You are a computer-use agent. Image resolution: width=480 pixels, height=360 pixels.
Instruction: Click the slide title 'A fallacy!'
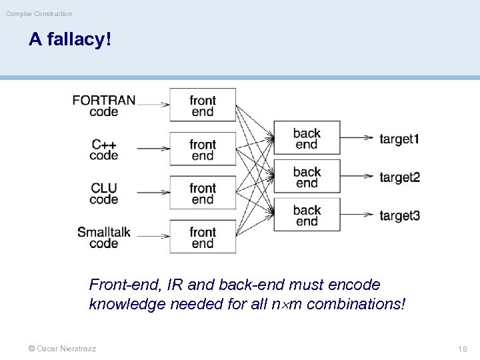tap(70, 40)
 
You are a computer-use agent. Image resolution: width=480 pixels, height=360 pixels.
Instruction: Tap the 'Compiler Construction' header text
tap(39, 13)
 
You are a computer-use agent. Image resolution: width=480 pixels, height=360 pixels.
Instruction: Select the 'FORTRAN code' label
tap(104, 106)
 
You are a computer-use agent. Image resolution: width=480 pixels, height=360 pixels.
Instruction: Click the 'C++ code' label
tap(104, 150)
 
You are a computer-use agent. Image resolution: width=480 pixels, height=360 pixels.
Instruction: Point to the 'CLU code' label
tap(104, 193)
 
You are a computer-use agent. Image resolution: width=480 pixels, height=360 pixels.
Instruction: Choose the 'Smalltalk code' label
tap(104, 237)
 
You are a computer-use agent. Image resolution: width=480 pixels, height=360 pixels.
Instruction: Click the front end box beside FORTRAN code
tap(203, 105)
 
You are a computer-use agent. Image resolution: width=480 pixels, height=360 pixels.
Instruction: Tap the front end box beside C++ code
tap(203, 149)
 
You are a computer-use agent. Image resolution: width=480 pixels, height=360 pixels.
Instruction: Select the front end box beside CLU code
tap(203, 193)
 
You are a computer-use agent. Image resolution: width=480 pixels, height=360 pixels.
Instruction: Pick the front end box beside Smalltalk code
tap(203, 237)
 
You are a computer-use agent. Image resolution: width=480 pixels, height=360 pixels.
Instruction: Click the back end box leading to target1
tap(307, 139)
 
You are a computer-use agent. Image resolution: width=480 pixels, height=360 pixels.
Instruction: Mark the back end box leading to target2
tap(307, 177)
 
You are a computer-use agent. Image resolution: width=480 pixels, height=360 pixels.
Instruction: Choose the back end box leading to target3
tap(307, 215)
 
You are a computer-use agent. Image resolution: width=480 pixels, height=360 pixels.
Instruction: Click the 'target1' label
tap(399, 139)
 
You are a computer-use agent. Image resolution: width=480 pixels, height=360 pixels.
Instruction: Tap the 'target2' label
tap(399, 177)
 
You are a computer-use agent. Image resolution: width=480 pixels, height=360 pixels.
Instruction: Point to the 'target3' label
tap(399, 215)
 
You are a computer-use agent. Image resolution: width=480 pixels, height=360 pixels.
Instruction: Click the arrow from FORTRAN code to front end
tap(152, 104)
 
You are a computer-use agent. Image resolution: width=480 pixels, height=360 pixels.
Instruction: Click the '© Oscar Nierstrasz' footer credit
tap(62, 349)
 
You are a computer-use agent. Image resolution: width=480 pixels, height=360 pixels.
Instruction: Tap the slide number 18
tap(462, 349)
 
